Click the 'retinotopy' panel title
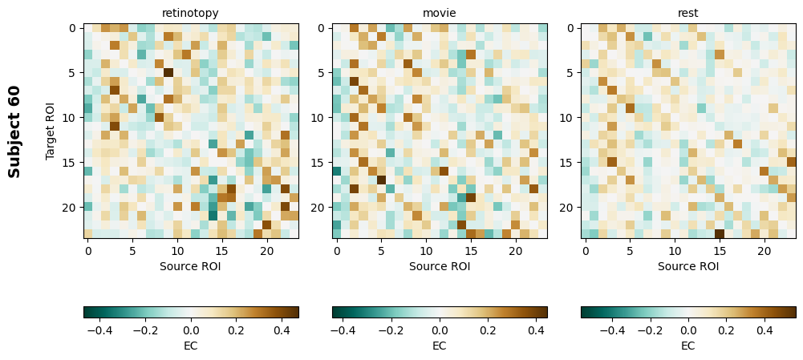click(190, 13)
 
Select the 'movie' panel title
click(439, 13)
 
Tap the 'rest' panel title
click(687, 13)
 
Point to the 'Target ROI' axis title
click(51, 131)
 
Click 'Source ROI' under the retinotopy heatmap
click(190, 266)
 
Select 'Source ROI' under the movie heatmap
click(439, 266)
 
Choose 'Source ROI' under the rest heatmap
click(687, 266)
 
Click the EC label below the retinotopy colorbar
click(190, 346)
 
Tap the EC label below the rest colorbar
click(687, 346)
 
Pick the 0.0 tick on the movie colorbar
click(440, 330)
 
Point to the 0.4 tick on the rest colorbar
click(764, 330)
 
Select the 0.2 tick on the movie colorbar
click(488, 330)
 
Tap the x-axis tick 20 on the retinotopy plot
click(267, 251)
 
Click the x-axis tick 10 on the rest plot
click(675, 251)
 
